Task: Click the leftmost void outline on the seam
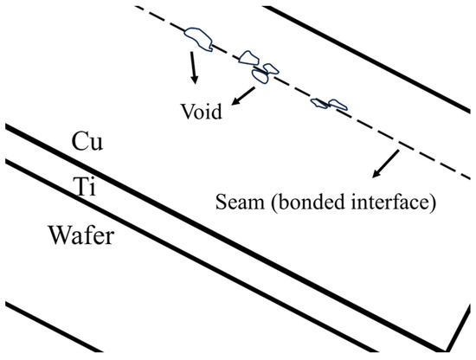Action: point(199,36)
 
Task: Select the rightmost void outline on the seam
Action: point(330,103)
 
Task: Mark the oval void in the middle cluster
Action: point(261,75)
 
